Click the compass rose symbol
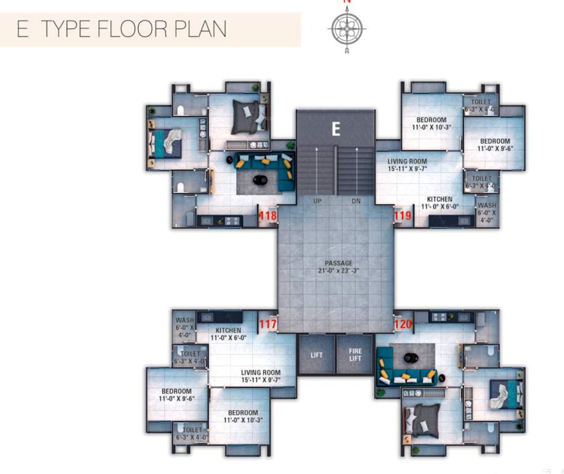347,28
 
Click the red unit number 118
268,216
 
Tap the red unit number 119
403,216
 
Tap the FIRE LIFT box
355,355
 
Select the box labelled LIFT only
316,355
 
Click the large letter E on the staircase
335,129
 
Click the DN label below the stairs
356,201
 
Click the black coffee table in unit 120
411,356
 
